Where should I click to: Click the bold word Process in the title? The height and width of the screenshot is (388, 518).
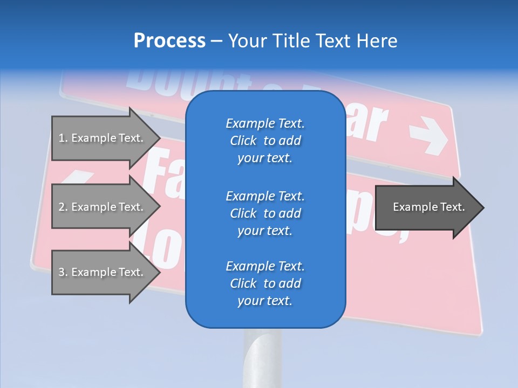click(x=169, y=41)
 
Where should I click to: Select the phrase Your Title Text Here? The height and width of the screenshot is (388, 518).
click(x=312, y=41)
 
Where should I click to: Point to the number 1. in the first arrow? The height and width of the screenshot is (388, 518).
click(x=63, y=138)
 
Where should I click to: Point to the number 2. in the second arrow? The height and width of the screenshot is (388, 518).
click(x=63, y=207)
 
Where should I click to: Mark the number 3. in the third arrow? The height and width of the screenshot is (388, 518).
click(x=63, y=272)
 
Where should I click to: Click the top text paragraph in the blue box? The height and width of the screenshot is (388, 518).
click(x=265, y=141)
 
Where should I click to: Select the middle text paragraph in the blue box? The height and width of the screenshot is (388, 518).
click(x=265, y=213)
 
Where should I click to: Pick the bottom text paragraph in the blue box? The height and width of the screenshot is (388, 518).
click(x=265, y=283)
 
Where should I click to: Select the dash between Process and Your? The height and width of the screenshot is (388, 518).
click(x=217, y=41)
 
